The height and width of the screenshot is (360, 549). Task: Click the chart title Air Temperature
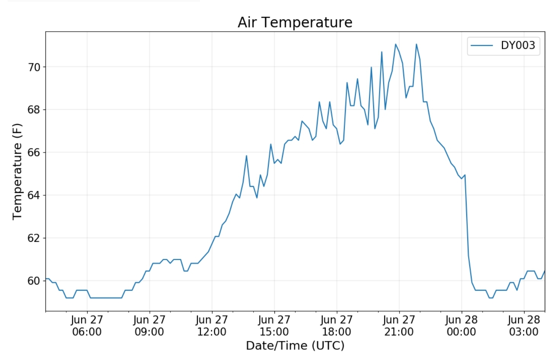coord(295,22)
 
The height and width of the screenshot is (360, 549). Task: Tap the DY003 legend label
coord(518,45)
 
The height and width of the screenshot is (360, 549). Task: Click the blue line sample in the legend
coord(482,45)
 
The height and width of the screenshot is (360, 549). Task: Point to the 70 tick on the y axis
coord(34,67)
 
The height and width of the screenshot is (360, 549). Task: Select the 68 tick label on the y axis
coord(34,110)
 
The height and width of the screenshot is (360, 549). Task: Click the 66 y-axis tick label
coord(34,153)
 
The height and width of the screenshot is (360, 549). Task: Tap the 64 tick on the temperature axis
coord(34,195)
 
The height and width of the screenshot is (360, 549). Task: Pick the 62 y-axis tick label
coord(34,238)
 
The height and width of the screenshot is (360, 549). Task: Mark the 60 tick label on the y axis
coord(34,281)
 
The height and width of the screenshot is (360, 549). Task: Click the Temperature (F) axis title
coord(17,172)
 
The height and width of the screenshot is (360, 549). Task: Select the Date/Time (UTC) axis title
coord(295,346)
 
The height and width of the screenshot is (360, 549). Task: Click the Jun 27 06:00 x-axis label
coord(87,326)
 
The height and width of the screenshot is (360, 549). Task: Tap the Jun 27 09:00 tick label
coord(149,326)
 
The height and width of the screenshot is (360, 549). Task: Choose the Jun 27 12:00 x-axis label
coord(212,326)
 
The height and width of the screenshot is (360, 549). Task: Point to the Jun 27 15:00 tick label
coord(274,326)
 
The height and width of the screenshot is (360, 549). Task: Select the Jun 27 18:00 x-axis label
coord(337,326)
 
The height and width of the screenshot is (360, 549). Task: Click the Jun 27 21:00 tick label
coord(399,326)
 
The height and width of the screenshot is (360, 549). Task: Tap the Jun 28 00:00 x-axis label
coord(461,326)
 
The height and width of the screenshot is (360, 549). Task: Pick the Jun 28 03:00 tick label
coord(524,326)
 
